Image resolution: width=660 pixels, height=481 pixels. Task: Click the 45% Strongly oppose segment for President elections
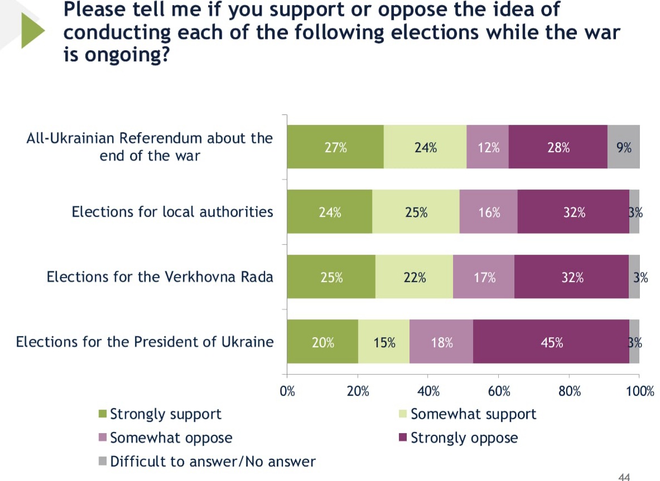pos(551,343)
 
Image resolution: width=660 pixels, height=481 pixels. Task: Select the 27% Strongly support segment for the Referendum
pos(335,147)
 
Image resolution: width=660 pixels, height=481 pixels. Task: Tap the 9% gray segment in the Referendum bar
pos(624,147)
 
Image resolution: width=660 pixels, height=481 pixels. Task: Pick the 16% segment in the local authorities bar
pos(489,212)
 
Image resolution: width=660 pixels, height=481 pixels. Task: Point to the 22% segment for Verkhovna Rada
pos(415,277)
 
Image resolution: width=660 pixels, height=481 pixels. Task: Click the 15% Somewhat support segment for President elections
pos(384,343)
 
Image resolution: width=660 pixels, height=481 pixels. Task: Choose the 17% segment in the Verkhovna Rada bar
pos(484,277)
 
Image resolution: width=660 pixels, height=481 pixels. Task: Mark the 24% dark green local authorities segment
pos(330,212)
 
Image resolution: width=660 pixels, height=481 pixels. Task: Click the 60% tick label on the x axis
pos(499,391)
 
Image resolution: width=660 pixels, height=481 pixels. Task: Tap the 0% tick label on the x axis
pos(287,391)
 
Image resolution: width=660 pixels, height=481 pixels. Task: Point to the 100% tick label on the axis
pos(640,391)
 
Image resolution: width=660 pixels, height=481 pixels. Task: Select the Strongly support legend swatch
pos(102,414)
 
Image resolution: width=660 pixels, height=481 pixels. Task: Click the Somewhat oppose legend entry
pos(171,438)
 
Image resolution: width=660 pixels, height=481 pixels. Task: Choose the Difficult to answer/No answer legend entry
pos(213,461)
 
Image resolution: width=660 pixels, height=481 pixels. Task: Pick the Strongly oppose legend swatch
pos(403,438)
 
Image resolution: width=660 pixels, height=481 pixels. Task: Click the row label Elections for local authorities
pos(172,212)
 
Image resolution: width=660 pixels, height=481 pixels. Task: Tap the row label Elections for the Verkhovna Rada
pos(160,277)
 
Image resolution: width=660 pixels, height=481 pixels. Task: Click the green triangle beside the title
pos(32,31)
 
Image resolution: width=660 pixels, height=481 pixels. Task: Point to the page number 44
pos(624,477)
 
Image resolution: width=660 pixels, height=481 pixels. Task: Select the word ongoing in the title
pos(127,55)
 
